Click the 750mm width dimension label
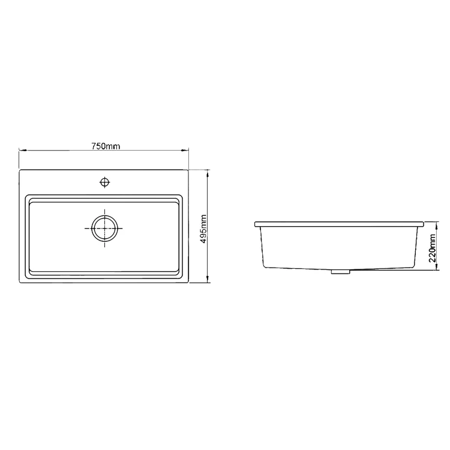pos(104,146)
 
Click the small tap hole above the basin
pos(105,181)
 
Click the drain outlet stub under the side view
pos(340,272)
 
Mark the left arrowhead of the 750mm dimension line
pos(22,151)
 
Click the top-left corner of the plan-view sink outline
pos(20,170)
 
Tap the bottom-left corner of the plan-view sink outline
pos(20,282)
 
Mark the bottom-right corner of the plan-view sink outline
pos(190,282)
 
